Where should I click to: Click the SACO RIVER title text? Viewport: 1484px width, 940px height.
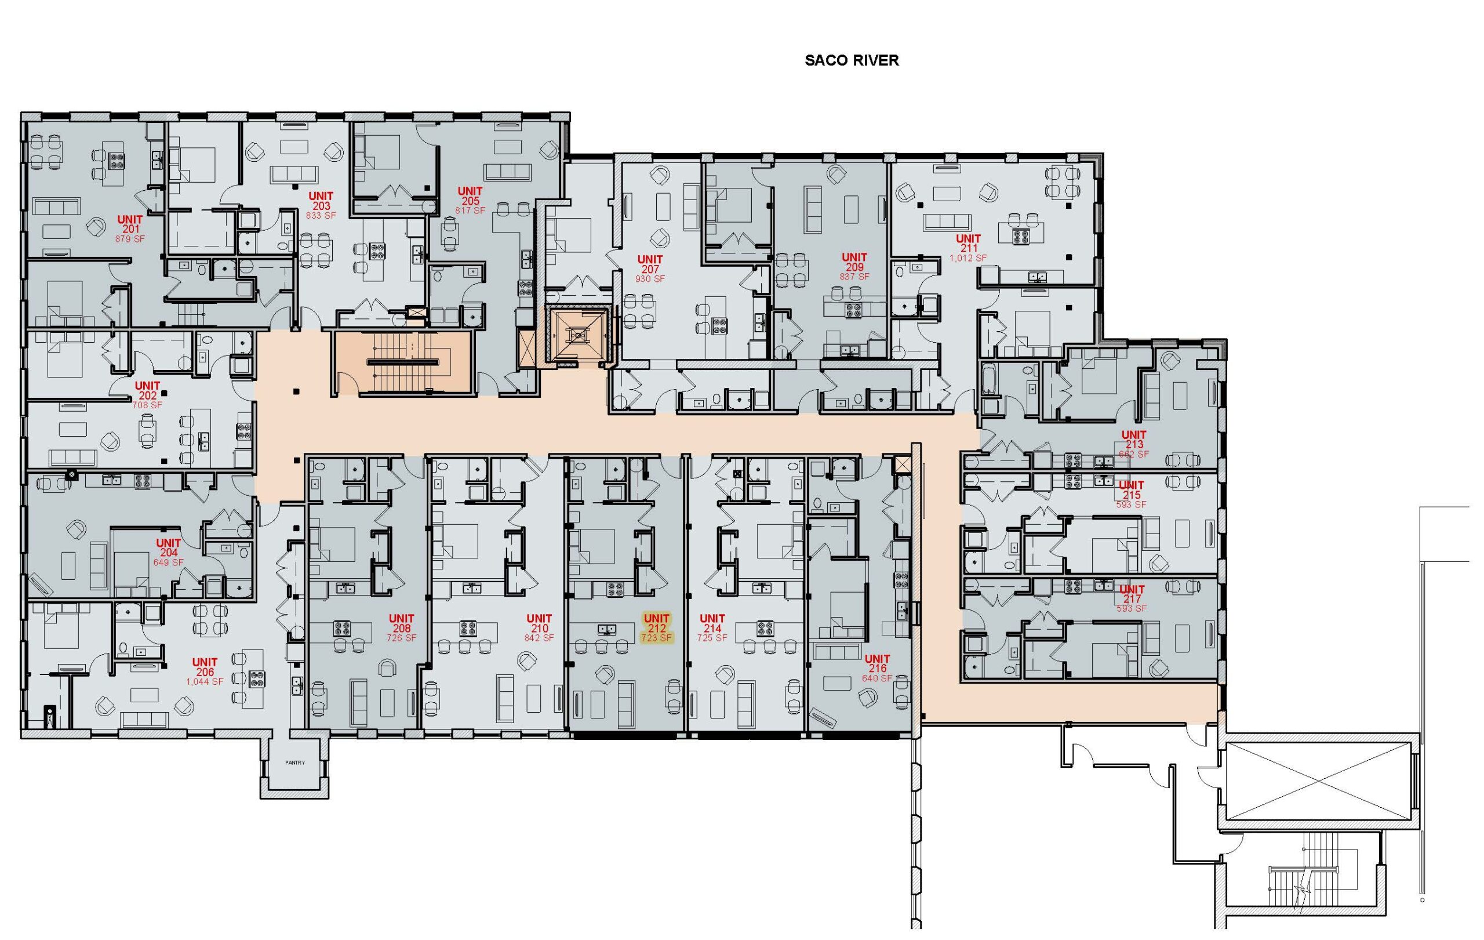click(852, 60)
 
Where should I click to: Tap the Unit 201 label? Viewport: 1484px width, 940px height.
click(130, 224)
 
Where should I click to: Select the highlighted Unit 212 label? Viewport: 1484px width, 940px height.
click(656, 623)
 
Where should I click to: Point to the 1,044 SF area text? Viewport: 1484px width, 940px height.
click(205, 682)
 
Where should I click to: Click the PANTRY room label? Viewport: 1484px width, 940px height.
click(295, 763)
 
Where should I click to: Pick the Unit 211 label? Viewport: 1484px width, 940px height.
click(968, 243)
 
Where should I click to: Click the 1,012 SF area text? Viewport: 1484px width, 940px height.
click(968, 257)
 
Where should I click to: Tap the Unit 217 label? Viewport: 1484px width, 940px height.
click(1132, 594)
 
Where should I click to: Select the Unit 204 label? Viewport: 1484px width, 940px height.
click(168, 548)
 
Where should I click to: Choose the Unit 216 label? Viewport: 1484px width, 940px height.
click(877, 663)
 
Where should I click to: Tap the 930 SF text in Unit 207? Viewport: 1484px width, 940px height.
click(650, 278)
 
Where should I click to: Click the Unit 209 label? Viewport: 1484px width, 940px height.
click(854, 262)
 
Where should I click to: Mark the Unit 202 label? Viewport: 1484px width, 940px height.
click(147, 390)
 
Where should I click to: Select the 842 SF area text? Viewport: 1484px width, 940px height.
click(539, 638)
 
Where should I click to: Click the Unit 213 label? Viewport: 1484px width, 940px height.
click(1134, 440)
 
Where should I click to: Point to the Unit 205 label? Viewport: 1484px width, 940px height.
click(470, 196)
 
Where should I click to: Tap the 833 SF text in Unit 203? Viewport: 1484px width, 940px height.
click(321, 215)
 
